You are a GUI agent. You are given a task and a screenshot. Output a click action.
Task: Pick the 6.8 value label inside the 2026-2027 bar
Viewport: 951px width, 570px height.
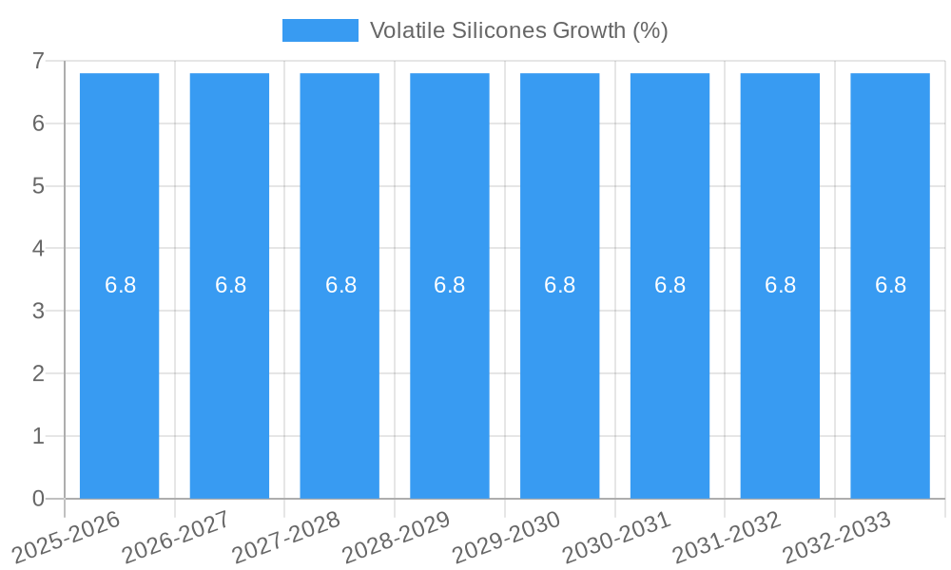pos(230,285)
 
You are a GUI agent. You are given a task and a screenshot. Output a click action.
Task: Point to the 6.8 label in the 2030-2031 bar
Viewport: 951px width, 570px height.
pos(670,285)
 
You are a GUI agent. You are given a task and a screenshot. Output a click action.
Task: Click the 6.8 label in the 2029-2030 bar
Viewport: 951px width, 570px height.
pos(559,285)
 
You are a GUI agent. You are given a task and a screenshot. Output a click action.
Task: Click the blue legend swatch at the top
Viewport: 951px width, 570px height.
pos(320,30)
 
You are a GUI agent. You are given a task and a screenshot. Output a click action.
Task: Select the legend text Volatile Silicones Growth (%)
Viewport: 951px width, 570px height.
pos(518,30)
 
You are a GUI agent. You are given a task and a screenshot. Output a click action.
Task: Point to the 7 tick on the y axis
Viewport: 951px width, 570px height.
pos(38,61)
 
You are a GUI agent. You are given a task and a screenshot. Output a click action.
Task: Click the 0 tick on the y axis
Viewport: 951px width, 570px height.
pos(38,499)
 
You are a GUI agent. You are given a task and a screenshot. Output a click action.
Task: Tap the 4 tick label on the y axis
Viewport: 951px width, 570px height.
pos(38,249)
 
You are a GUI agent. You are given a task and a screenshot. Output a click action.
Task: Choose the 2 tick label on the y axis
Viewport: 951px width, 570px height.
pos(38,373)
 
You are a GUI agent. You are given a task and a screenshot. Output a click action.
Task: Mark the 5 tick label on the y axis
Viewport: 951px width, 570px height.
pos(38,186)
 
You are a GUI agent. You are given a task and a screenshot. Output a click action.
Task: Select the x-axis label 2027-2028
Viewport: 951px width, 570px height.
pos(287,537)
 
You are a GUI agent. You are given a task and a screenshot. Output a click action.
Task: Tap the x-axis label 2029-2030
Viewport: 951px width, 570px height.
pos(507,537)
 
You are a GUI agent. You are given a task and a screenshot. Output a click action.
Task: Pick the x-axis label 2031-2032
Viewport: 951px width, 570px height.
pos(728,537)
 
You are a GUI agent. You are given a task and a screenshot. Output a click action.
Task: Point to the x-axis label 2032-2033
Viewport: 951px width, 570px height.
pos(837,537)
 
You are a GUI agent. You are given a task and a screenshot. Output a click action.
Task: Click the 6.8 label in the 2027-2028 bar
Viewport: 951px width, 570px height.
pos(340,285)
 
